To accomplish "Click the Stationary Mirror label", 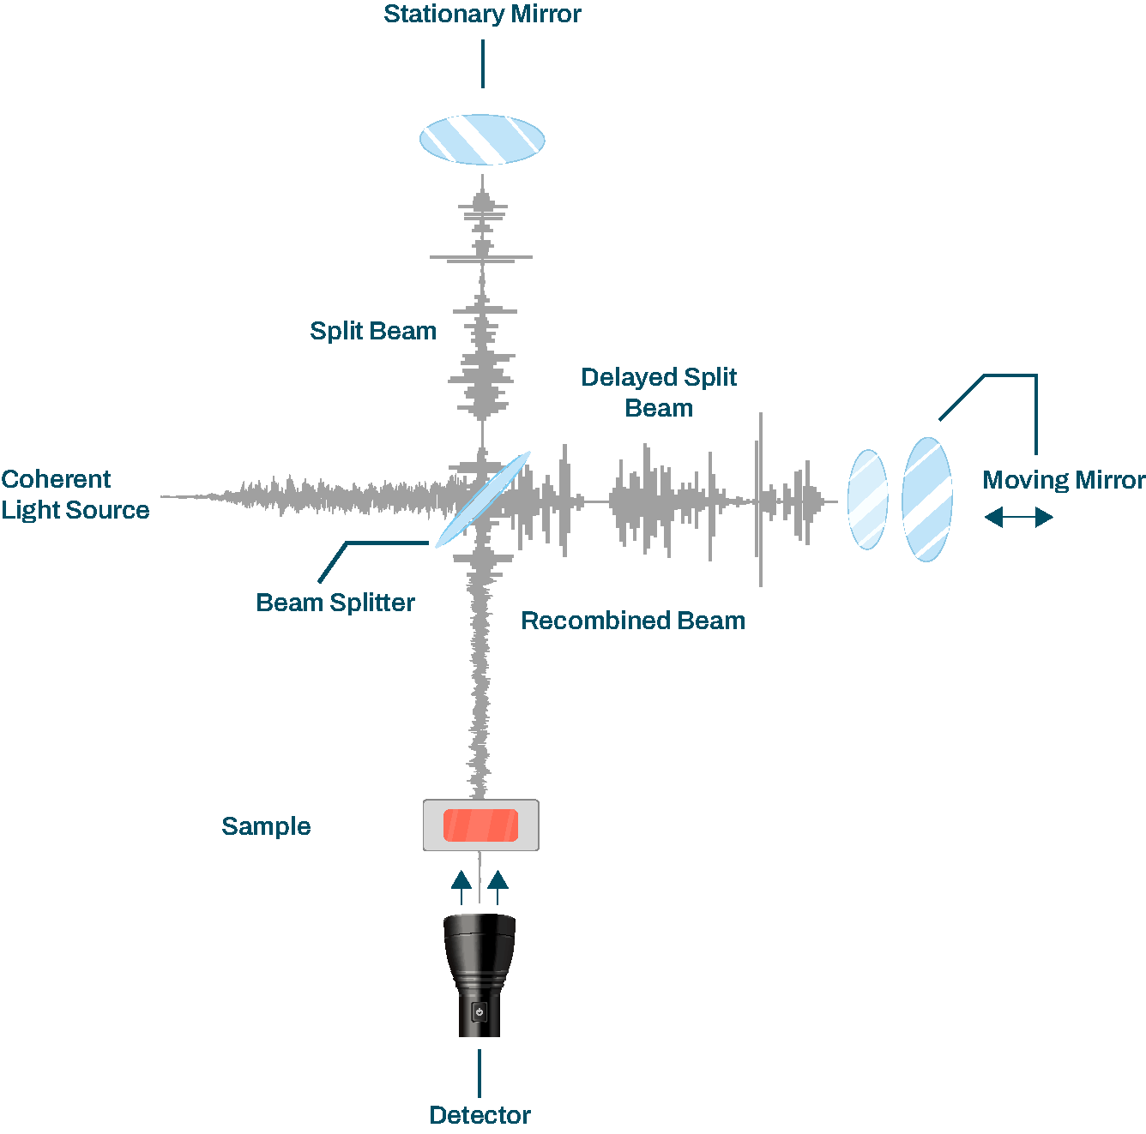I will point(482,15).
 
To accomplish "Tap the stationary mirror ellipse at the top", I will point(482,139).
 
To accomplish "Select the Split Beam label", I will point(373,331).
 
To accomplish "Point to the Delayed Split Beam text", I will point(659,392).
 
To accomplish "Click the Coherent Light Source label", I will point(75,495).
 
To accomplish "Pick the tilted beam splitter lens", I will point(483,499).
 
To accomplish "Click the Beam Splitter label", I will point(335,603).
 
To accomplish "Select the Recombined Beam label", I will point(633,621).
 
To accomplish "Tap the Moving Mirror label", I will point(1064,480).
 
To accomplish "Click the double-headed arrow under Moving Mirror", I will point(1018,517).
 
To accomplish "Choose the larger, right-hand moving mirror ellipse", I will point(927,499).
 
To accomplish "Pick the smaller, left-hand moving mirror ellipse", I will point(867,499).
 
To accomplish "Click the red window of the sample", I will point(480,825).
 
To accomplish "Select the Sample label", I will point(266,826).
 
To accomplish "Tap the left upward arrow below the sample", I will point(461,886).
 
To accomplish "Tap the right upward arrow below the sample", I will point(498,886).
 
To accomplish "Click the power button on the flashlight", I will point(480,1012).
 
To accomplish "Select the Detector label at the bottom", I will point(480,1115).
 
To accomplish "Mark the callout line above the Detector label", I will point(480,1072).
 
